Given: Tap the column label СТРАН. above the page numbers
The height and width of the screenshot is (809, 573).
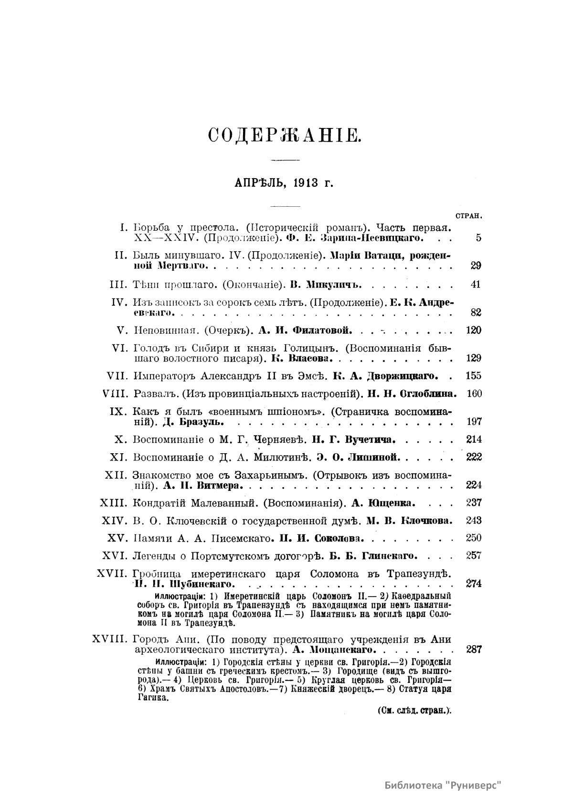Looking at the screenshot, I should click(468, 216).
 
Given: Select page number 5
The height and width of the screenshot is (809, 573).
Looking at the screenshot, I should click(478, 238).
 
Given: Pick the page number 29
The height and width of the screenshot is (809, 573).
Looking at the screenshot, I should click(476, 266).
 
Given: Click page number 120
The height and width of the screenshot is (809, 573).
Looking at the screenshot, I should click(473, 330).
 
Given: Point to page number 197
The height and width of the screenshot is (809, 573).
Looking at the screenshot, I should click(473, 422).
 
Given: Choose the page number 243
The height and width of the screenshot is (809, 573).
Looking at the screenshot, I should click(473, 521).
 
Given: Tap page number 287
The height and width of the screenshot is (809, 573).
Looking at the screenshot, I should click(473, 649).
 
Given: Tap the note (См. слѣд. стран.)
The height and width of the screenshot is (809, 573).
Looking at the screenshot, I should click(414, 710).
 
